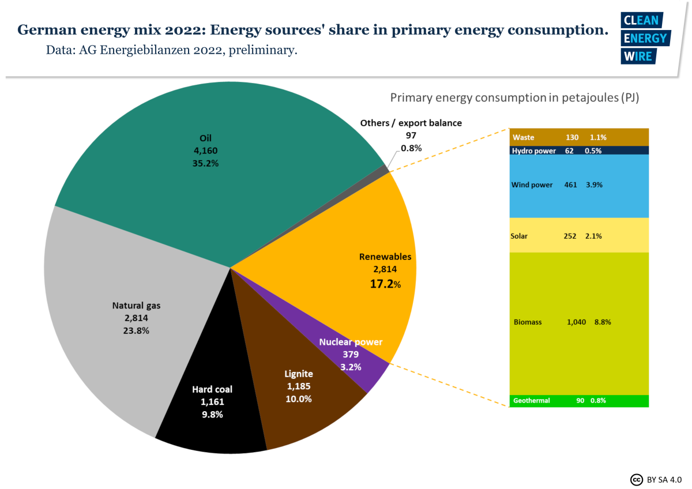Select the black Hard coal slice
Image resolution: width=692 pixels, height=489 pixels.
(x=210, y=421)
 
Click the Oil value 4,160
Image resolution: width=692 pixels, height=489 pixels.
(x=205, y=151)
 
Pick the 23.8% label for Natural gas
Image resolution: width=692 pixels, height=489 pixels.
(x=136, y=330)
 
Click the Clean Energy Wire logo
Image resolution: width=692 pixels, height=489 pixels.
(x=645, y=38)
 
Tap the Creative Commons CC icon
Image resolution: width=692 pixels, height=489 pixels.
(x=636, y=479)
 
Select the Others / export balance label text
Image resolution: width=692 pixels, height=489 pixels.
(x=411, y=123)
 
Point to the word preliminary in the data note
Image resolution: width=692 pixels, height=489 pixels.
(x=263, y=51)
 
